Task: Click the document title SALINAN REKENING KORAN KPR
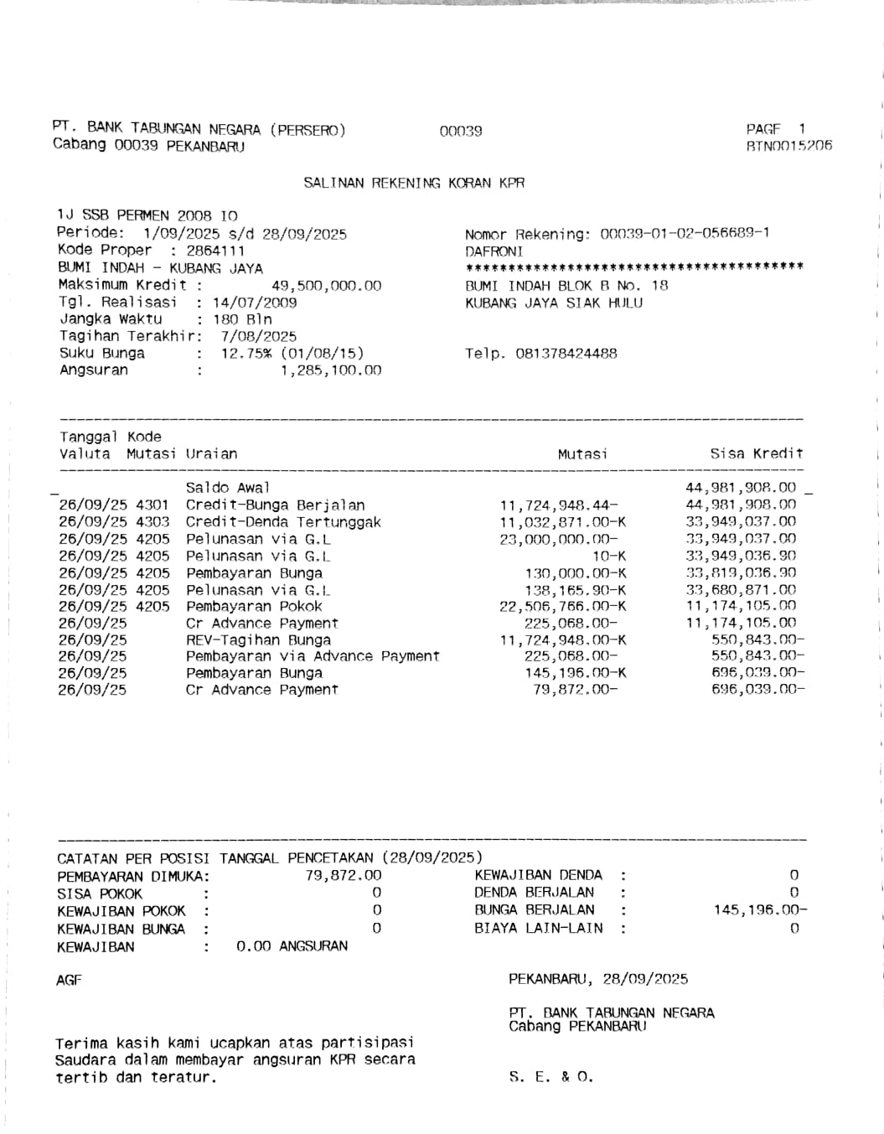[x=414, y=183]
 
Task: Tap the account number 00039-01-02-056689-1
[x=685, y=234]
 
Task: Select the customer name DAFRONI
[x=494, y=251]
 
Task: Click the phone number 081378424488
[x=566, y=354]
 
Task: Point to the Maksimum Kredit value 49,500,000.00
[x=326, y=286]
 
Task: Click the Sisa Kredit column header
[x=756, y=454]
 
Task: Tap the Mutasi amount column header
[x=582, y=454]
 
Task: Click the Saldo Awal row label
[x=228, y=488]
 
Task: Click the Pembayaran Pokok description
[x=254, y=607]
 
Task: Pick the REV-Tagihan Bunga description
[x=258, y=640]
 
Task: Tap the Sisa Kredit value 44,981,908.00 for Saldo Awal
[x=741, y=488]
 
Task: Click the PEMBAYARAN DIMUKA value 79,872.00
[x=344, y=876]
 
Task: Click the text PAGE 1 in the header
[x=775, y=129]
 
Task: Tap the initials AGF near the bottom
[x=69, y=980]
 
